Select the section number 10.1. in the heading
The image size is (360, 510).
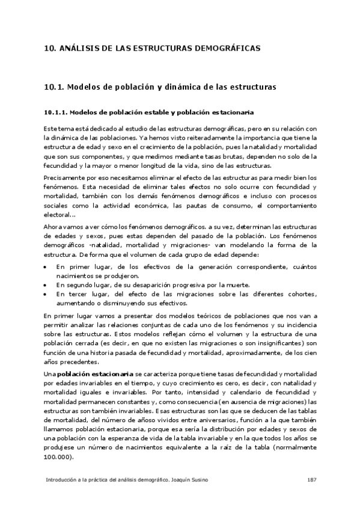coord(54,87)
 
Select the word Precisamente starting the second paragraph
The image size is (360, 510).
coord(65,178)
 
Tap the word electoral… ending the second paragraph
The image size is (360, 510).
coord(60,215)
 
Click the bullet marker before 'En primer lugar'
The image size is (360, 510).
coord(46,266)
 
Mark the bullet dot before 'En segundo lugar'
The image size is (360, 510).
coord(46,284)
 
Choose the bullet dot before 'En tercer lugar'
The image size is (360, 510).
coord(46,294)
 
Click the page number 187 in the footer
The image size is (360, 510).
coord(311,480)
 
